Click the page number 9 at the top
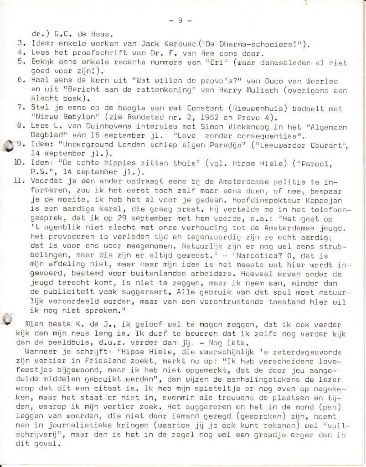[x=180, y=20]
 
